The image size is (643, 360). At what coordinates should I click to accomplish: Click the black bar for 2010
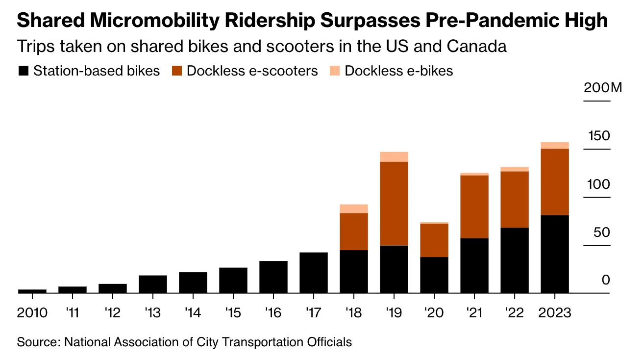[x=32, y=291]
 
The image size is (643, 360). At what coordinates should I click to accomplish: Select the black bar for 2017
[x=314, y=272]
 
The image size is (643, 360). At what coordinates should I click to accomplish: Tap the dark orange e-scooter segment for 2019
[x=394, y=203]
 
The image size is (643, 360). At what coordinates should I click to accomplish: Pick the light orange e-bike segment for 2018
[x=354, y=208]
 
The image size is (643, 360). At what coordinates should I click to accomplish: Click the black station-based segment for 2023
[x=555, y=254]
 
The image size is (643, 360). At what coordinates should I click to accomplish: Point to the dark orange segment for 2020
[x=434, y=240]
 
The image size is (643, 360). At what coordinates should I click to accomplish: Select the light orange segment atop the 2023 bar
[x=555, y=145]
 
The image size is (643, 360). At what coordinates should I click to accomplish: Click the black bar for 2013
[x=153, y=284]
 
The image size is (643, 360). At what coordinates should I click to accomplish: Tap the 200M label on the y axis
[x=602, y=88]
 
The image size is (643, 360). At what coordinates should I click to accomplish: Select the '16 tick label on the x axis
[x=273, y=312]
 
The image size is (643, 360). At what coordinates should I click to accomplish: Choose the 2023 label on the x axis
[x=555, y=312]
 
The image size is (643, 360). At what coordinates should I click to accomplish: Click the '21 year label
[x=474, y=312]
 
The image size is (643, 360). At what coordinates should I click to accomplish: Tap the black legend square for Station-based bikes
[x=23, y=71]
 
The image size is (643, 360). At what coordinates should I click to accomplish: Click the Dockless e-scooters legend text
[x=252, y=71]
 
